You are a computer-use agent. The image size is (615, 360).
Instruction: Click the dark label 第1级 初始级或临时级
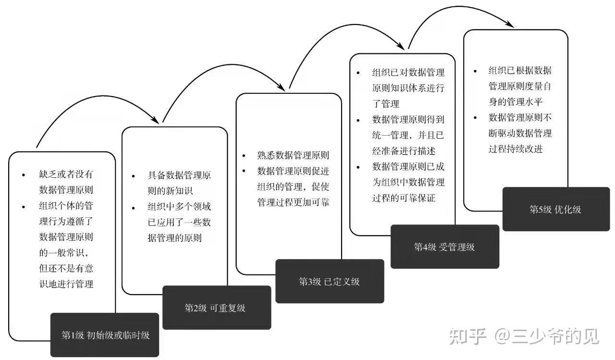tap(105, 335)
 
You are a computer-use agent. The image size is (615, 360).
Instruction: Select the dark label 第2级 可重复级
tap(217, 308)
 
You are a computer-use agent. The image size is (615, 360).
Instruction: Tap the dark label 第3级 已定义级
tap(330, 281)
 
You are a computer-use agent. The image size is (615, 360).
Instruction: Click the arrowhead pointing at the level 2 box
tap(155, 119)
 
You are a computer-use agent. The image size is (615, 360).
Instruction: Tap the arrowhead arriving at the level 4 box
tap(400, 46)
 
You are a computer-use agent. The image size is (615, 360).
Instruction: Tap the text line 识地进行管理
tap(66, 284)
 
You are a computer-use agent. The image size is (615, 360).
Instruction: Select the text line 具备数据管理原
tap(179, 175)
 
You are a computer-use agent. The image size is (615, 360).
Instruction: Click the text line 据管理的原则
tap(175, 237)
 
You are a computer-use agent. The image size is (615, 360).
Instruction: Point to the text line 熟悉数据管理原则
tap(293, 155)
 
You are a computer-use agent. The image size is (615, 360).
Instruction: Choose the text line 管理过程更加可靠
tap(293, 202)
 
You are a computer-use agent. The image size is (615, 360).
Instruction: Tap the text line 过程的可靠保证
tap(404, 198)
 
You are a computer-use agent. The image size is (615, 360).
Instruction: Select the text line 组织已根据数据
tap(520, 71)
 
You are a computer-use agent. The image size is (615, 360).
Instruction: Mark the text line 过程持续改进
tap(516, 149)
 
